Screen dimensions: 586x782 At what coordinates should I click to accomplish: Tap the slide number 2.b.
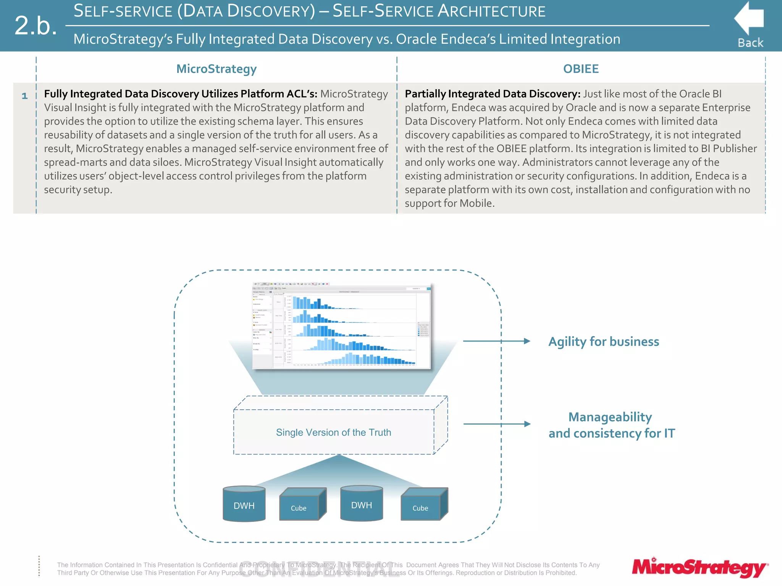(x=36, y=26)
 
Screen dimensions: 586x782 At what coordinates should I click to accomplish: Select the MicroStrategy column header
(x=216, y=69)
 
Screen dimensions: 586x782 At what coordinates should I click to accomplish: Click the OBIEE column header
(x=581, y=69)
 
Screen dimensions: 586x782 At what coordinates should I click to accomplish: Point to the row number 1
(x=25, y=96)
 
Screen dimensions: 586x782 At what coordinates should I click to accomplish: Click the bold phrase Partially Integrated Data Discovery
(x=492, y=94)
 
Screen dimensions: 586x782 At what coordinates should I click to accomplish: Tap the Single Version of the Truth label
(x=333, y=432)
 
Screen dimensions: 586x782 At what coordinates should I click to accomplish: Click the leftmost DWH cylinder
(x=244, y=504)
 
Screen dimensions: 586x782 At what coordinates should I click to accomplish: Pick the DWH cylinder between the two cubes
(x=361, y=504)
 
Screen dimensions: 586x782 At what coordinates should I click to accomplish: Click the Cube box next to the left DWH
(x=302, y=505)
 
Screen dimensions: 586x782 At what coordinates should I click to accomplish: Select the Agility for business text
(x=604, y=341)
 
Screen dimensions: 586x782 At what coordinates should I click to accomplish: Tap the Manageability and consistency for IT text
(x=611, y=425)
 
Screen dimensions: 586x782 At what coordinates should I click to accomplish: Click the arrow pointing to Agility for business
(x=496, y=341)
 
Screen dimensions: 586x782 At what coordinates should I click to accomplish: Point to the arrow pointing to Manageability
(x=496, y=424)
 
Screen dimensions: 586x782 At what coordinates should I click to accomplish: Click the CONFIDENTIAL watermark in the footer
(x=319, y=569)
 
